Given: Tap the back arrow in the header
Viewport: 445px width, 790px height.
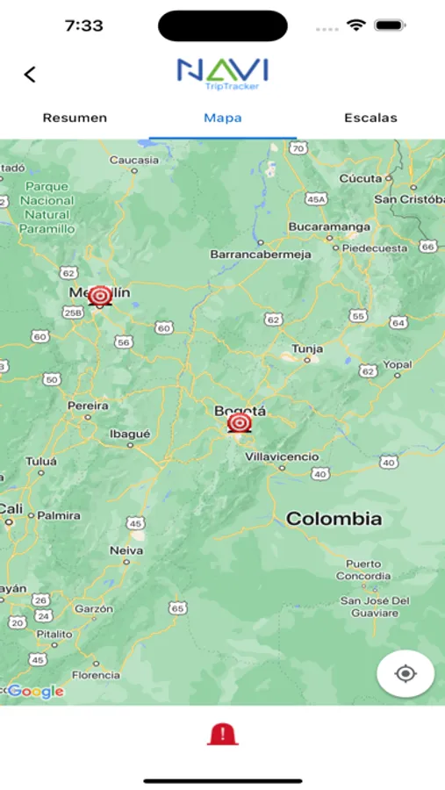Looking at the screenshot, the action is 30,75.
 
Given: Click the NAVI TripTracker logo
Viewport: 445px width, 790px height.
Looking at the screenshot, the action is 222,74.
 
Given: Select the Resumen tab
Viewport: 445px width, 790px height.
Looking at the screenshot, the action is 75,118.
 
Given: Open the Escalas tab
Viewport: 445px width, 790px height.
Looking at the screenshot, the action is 370,118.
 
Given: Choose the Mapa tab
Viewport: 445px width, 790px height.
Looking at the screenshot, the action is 223,118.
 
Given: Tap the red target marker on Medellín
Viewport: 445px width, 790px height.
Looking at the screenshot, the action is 100,297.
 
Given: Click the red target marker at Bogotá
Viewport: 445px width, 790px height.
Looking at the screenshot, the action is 239,424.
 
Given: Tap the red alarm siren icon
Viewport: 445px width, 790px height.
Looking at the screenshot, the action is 222,735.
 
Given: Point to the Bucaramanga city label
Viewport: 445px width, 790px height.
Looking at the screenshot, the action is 329,226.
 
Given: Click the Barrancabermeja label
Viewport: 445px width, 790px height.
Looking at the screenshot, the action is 260,255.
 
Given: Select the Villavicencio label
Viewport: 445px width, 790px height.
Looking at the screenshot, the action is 282,457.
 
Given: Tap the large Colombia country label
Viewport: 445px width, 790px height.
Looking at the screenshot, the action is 334,519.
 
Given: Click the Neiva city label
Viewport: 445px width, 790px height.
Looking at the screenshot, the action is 126,550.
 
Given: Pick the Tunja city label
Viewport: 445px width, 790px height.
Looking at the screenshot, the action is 307,348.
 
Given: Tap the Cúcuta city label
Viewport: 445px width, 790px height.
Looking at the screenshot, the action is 361,178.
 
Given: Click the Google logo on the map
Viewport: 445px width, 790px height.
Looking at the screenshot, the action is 35,692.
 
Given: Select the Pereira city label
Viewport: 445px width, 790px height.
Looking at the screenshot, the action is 88,406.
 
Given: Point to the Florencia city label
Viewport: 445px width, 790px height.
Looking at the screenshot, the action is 96,675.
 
